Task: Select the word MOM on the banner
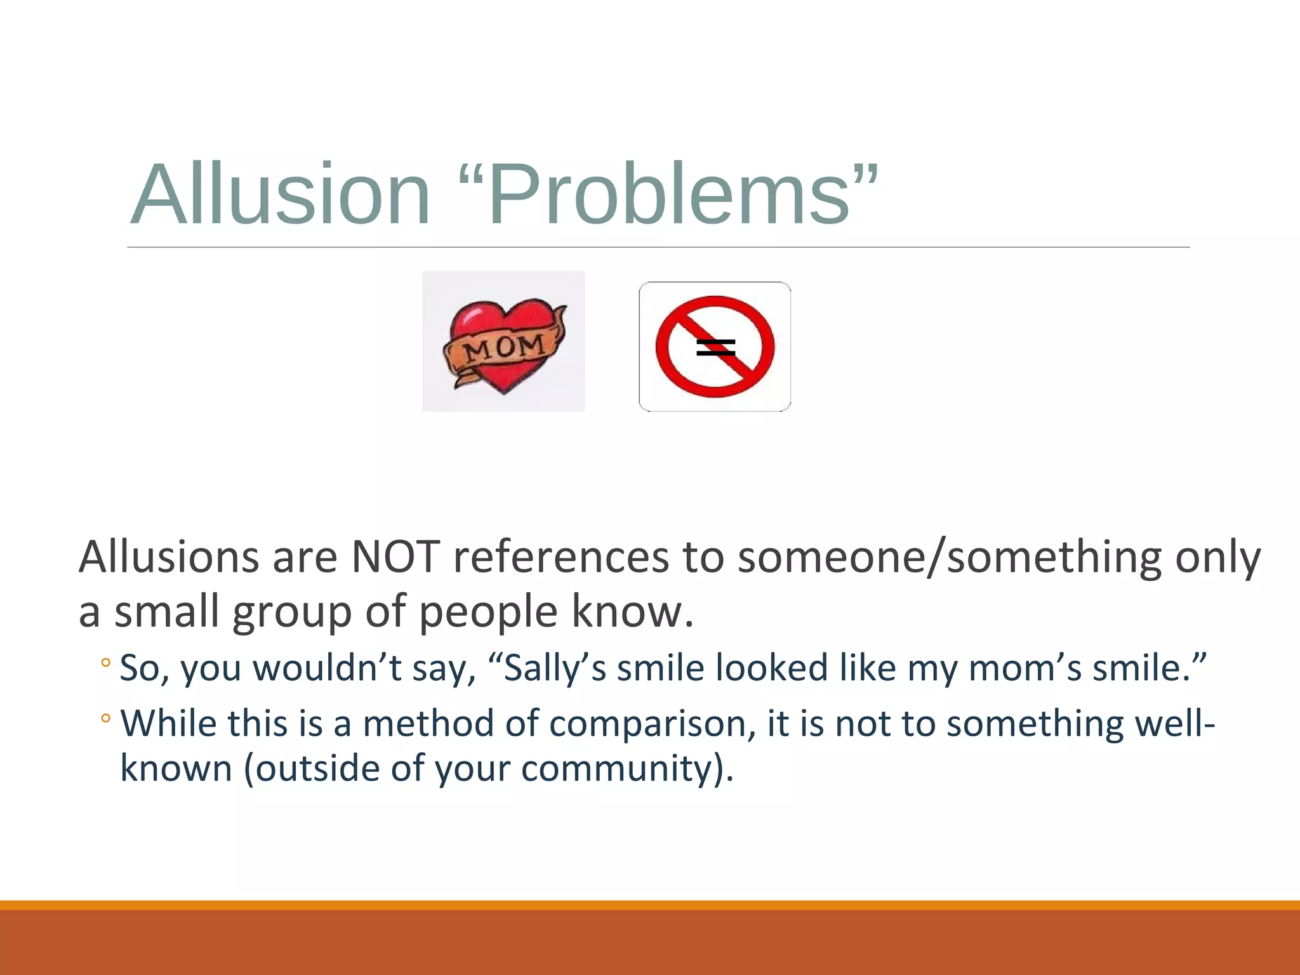(503, 348)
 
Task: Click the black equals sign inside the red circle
(715, 348)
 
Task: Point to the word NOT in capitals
(395, 557)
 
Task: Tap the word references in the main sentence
(560, 557)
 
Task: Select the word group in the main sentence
(291, 613)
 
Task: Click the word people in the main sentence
(488, 613)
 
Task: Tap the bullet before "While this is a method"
(105, 719)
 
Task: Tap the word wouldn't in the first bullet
(328, 668)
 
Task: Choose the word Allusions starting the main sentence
(169, 557)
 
